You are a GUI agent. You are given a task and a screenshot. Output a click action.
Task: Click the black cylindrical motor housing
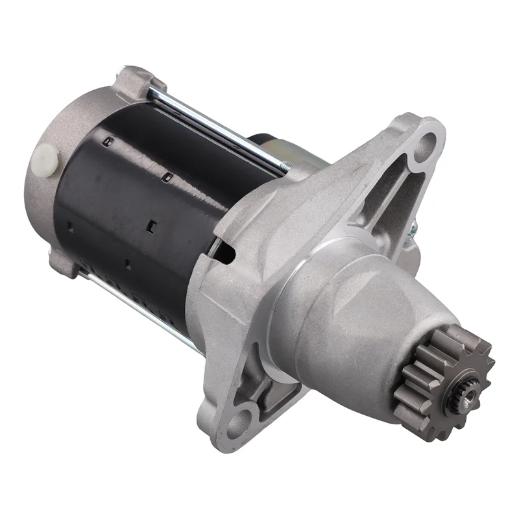pyautogui.click(x=143, y=208)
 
